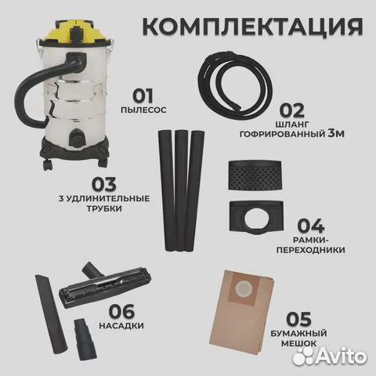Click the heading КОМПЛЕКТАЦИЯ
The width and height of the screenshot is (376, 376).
tap(254, 27)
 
